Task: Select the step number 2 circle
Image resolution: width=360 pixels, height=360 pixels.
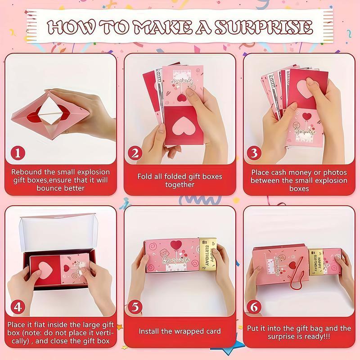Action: pos(135,153)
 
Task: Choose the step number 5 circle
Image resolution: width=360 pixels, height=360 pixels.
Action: pos(135,307)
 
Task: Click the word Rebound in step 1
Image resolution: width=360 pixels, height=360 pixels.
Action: pos(26,172)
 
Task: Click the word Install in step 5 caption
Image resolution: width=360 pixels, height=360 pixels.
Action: pos(150,331)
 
